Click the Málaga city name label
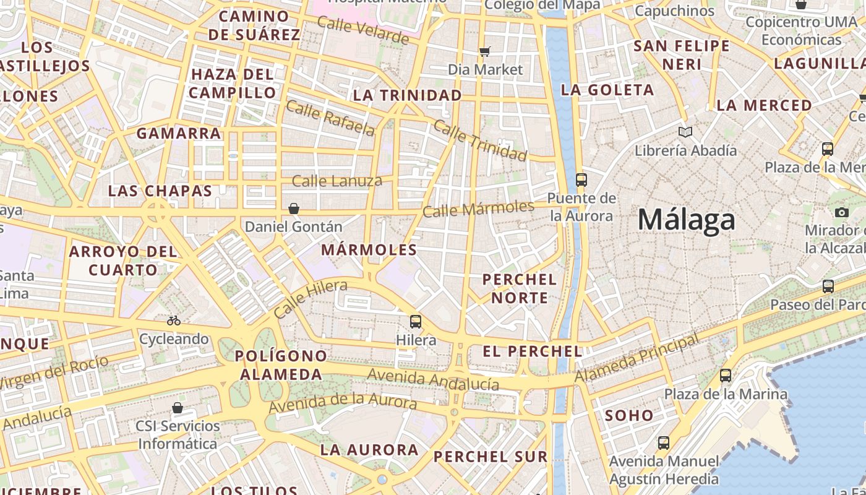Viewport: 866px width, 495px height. coord(687,220)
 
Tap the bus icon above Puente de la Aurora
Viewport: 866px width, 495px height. coord(581,180)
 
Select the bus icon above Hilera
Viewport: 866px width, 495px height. coord(416,322)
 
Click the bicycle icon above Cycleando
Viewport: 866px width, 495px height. coord(174,321)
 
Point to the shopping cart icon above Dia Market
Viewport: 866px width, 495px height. coord(485,51)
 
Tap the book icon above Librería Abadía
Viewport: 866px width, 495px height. coord(685,132)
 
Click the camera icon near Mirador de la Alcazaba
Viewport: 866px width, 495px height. coord(841,213)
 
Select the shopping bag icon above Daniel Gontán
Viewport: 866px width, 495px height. coord(294,209)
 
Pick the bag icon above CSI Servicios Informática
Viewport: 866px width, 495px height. coord(178,408)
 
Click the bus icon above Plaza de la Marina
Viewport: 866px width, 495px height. coord(726,376)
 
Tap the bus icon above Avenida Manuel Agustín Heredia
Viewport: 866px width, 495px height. coord(664,443)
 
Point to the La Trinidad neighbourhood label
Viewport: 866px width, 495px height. coord(408,95)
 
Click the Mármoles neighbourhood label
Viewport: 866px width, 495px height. coord(369,250)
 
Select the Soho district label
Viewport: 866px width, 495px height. coord(629,415)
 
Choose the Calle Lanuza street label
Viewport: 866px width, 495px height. coord(337,181)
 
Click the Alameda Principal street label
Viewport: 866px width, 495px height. coord(637,358)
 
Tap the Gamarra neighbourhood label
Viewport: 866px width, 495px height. coord(179,133)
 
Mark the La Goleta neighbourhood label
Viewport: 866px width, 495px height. coord(607,90)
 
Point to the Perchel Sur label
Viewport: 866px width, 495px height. coord(491,457)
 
